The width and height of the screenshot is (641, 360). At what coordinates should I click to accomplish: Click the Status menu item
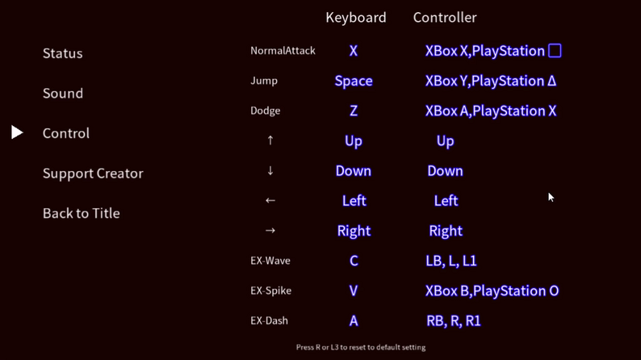pos(62,53)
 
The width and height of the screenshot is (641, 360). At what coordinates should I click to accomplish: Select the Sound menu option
pos(63,93)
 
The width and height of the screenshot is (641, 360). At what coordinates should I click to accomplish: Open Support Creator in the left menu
pos(93,174)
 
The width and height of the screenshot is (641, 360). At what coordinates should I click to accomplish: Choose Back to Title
pos(82,213)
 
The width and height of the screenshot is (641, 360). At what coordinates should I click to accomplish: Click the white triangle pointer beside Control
pos(17,132)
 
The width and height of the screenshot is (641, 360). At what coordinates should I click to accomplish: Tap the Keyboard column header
pos(356,18)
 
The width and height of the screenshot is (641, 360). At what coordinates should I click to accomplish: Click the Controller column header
pos(445,18)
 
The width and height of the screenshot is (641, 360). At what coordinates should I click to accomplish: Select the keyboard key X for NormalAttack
pos(354,51)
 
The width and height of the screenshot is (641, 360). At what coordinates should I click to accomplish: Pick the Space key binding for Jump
pos(354,81)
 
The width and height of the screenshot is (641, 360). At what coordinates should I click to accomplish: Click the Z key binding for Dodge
pos(354,111)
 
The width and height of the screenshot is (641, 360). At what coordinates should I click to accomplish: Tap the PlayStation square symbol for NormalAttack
pos(555,51)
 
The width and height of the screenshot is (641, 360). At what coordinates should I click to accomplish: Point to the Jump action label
pos(264,81)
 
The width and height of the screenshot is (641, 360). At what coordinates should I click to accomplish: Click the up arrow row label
pos(270,140)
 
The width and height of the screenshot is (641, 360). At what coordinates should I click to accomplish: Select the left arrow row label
pos(270,201)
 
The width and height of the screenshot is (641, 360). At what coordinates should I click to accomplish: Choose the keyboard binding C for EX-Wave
pos(354,261)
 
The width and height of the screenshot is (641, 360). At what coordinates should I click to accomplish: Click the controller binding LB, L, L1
pos(451,261)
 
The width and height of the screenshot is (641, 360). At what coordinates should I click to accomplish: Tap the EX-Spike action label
pos(271,291)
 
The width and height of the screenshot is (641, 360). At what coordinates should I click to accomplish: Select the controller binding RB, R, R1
pos(454,320)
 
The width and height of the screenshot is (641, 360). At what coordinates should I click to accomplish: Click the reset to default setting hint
pos(361,347)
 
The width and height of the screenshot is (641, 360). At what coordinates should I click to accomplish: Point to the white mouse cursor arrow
pos(551,198)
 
